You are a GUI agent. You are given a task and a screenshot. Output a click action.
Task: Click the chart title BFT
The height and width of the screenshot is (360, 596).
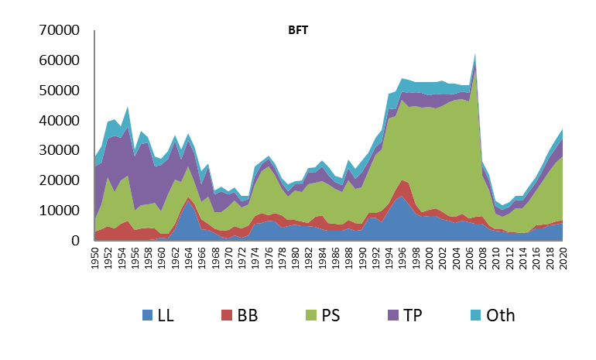pos(298,30)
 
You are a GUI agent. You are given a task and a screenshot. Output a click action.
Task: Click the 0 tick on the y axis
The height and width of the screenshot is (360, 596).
pos(74,241)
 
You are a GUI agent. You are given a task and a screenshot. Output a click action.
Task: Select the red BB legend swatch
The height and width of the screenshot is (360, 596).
pos(226,315)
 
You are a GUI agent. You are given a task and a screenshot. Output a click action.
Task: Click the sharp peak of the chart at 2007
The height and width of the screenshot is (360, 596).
pos(474,54)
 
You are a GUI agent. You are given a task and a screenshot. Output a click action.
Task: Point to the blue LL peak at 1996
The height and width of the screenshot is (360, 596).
pos(401,196)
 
